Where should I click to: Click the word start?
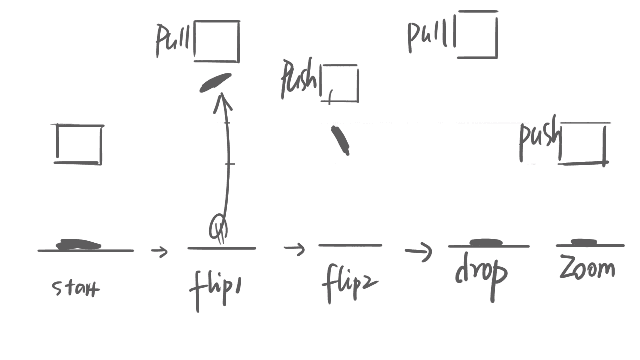[x=76, y=288]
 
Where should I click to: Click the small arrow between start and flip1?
[x=160, y=251]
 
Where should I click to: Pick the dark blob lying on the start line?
[x=78, y=245]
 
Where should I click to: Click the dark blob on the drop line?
[x=485, y=242]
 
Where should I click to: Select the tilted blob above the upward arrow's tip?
[x=216, y=82]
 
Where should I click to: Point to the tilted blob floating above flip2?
[x=340, y=140]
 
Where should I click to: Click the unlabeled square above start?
[x=79, y=144]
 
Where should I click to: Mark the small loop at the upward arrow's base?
[x=219, y=228]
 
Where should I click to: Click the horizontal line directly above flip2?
[x=350, y=245]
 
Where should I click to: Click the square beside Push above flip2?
[x=341, y=83]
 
